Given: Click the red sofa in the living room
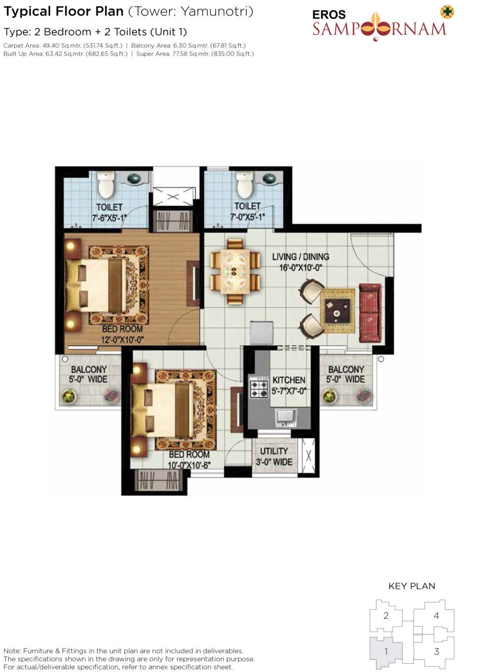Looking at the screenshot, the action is [x=370, y=313].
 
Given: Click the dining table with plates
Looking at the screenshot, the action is [x=235, y=271].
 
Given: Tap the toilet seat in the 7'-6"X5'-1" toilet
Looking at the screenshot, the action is [x=106, y=185].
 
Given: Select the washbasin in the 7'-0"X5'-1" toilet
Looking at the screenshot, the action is [x=269, y=178].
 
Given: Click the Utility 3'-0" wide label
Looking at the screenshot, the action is [x=274, y=456].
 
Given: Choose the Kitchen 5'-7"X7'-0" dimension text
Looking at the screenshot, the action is [x=289, y=391].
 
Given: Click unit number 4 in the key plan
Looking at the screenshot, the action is [x=436, y=615].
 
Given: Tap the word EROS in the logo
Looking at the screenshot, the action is [x=329, y=14].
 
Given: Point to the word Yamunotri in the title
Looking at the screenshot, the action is [x=217, y=12].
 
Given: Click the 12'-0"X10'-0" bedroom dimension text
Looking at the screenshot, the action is [x=122, y=340].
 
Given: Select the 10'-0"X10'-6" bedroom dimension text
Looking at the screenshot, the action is [x=189, y=465].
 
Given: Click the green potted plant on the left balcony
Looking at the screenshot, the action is [x=69, y=396].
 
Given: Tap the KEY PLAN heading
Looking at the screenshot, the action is [x=411, y=586].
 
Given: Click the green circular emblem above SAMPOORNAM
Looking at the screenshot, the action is [x=447, y=12].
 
